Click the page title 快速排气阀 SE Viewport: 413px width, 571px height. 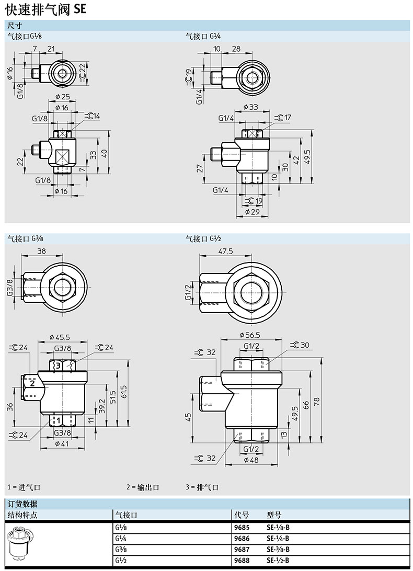(x=46, y=8)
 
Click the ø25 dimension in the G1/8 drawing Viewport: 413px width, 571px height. (x=63, y=97)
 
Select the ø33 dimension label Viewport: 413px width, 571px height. (x=250, y=107)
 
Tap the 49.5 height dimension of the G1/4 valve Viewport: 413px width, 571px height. (x=307, y=157)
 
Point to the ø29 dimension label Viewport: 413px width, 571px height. (x=252, y=212)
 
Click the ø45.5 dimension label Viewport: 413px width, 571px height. (x=60, y=337)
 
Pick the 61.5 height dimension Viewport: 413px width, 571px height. (x=124, y=392)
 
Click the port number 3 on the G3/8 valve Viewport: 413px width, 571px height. (x=58, y=366)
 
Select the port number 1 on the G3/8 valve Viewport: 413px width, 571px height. (x=58, y=420)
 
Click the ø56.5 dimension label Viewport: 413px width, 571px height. (x=250, y=335)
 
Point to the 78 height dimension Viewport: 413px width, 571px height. (x=316, y=401)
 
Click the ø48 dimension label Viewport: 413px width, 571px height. (x=251, y=460)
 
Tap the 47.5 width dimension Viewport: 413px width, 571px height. (x=225, y=252)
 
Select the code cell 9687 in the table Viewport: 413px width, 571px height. (x=242, y=549)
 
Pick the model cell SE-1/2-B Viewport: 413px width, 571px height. (x=278, y=560)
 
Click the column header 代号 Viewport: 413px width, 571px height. (x=242, y=515)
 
